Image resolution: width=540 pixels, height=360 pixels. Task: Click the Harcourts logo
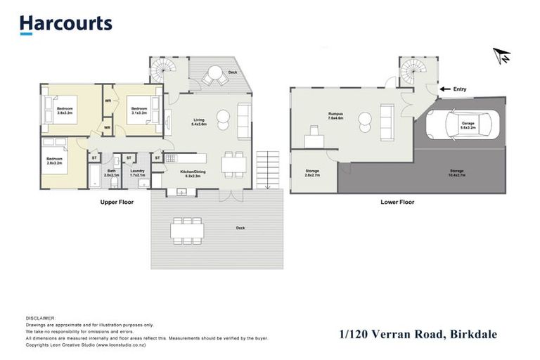coord(65,24)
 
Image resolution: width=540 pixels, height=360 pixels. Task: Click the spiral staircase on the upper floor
coord(162,71)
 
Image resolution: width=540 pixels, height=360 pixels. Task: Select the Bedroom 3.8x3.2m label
coord(65,110)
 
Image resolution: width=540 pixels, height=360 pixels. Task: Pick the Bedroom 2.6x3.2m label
coord(54,161)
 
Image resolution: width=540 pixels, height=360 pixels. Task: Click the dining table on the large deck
coord(187,230)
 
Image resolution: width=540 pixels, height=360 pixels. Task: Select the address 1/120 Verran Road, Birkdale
coord(418,335)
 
